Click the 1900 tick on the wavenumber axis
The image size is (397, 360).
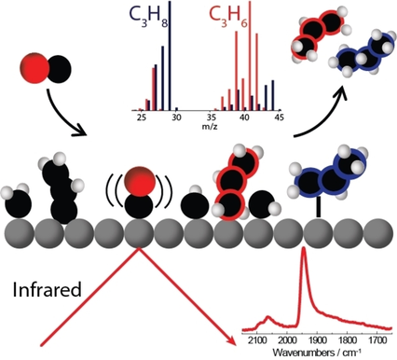pos(321,341)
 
